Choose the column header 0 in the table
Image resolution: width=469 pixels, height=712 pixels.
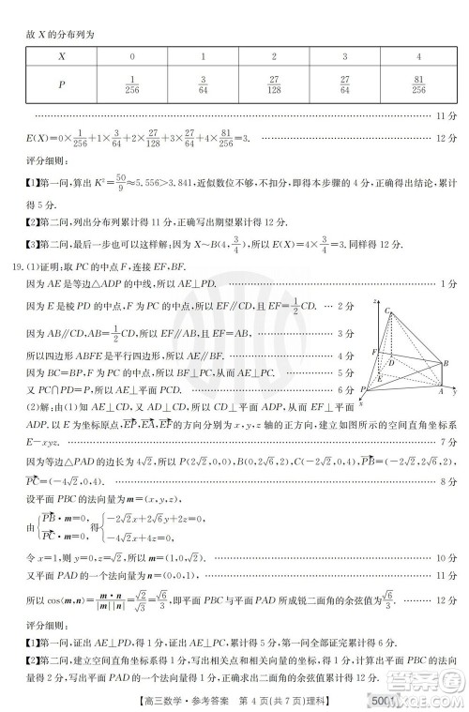coord(131,56)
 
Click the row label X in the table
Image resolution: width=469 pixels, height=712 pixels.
coord(61,56)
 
